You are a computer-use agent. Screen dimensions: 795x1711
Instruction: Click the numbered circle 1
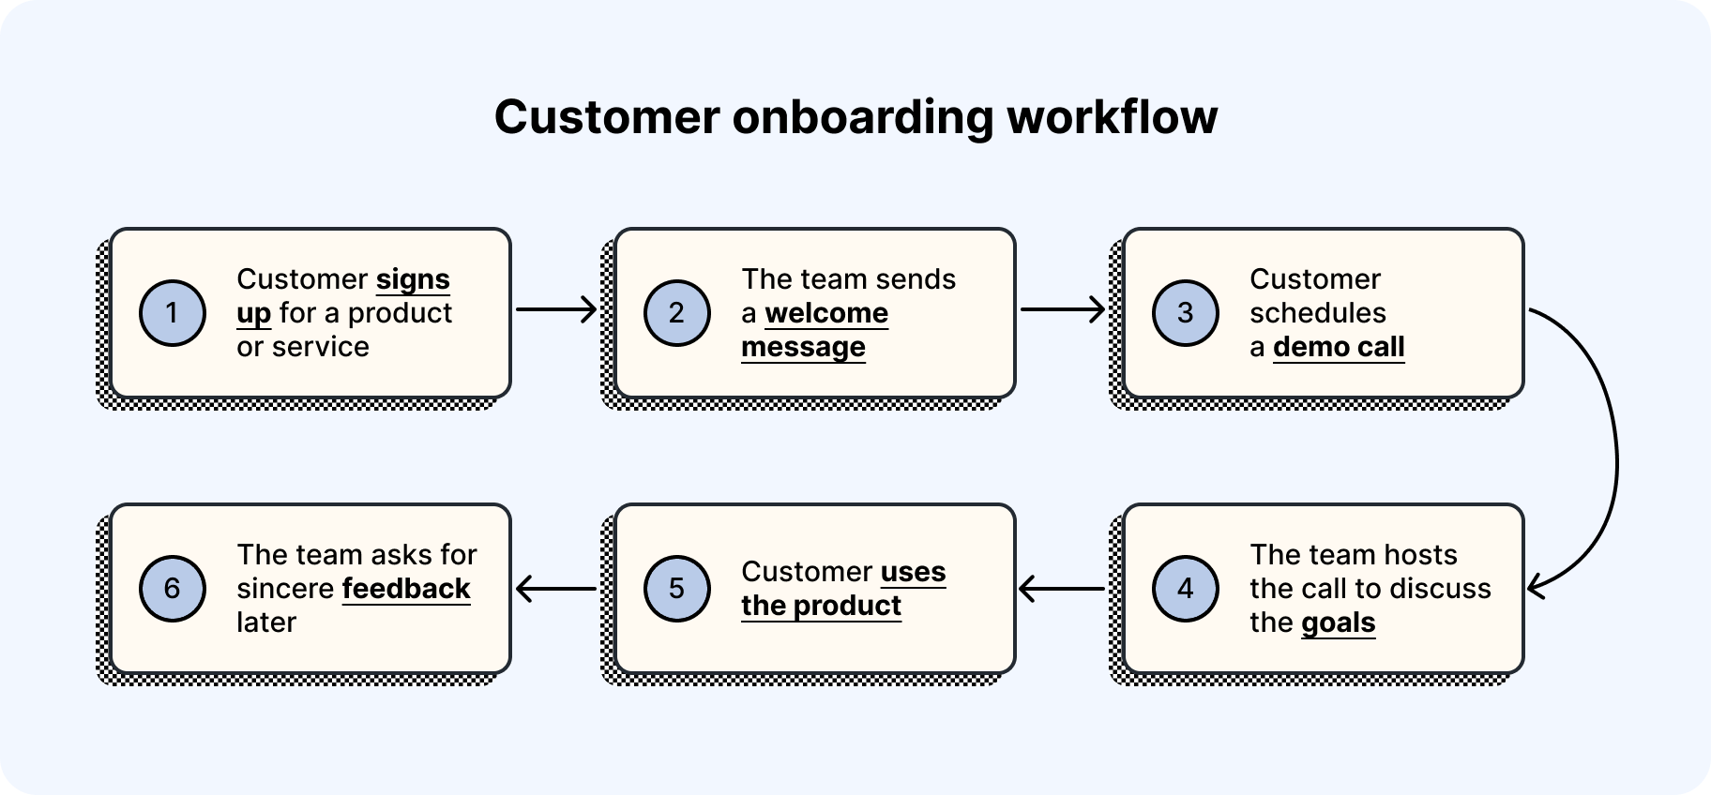pyautogui.click(x=172, y=312)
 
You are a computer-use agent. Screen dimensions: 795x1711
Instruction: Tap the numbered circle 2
pyautogui.click(x=676, y=312)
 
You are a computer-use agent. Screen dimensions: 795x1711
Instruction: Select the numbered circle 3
pyautogui.click(x=1185, y=312)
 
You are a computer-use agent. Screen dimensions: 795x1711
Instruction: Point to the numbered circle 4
pyautogui.click(x=1185, y=588)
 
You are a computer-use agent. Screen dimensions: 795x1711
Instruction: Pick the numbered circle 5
pyautogui.click(x=676, y=588)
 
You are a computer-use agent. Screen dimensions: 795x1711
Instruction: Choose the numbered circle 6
pyautogui.click(x=172, y=588)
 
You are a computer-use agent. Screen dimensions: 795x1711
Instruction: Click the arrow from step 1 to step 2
pyautogui.click(x=556, y=308)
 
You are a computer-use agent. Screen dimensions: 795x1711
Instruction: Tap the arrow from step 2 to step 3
pyautogui.click(x=1062, y=308)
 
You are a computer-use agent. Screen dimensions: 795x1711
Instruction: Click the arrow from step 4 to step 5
pyautogui.click(x=1062, y=589)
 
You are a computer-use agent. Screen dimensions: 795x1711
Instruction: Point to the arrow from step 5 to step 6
pyautogui.click(x=556, y=589)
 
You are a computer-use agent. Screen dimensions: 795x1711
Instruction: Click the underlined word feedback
pyautogui.click(x=406, y=589)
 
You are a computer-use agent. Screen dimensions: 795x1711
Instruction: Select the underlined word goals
pyautogui.click(x=1339, y=622)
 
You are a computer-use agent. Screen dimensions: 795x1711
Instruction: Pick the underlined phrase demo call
pyautogui.click(x=1339, y=347)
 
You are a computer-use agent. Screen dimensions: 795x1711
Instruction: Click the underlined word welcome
pyautogui.click(x=826, y=313)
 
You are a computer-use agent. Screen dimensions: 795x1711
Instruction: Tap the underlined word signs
pyautogui.click(x=413, y=279)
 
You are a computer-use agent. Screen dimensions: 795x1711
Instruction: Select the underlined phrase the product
pyautogui.click(x=821, y=606)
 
